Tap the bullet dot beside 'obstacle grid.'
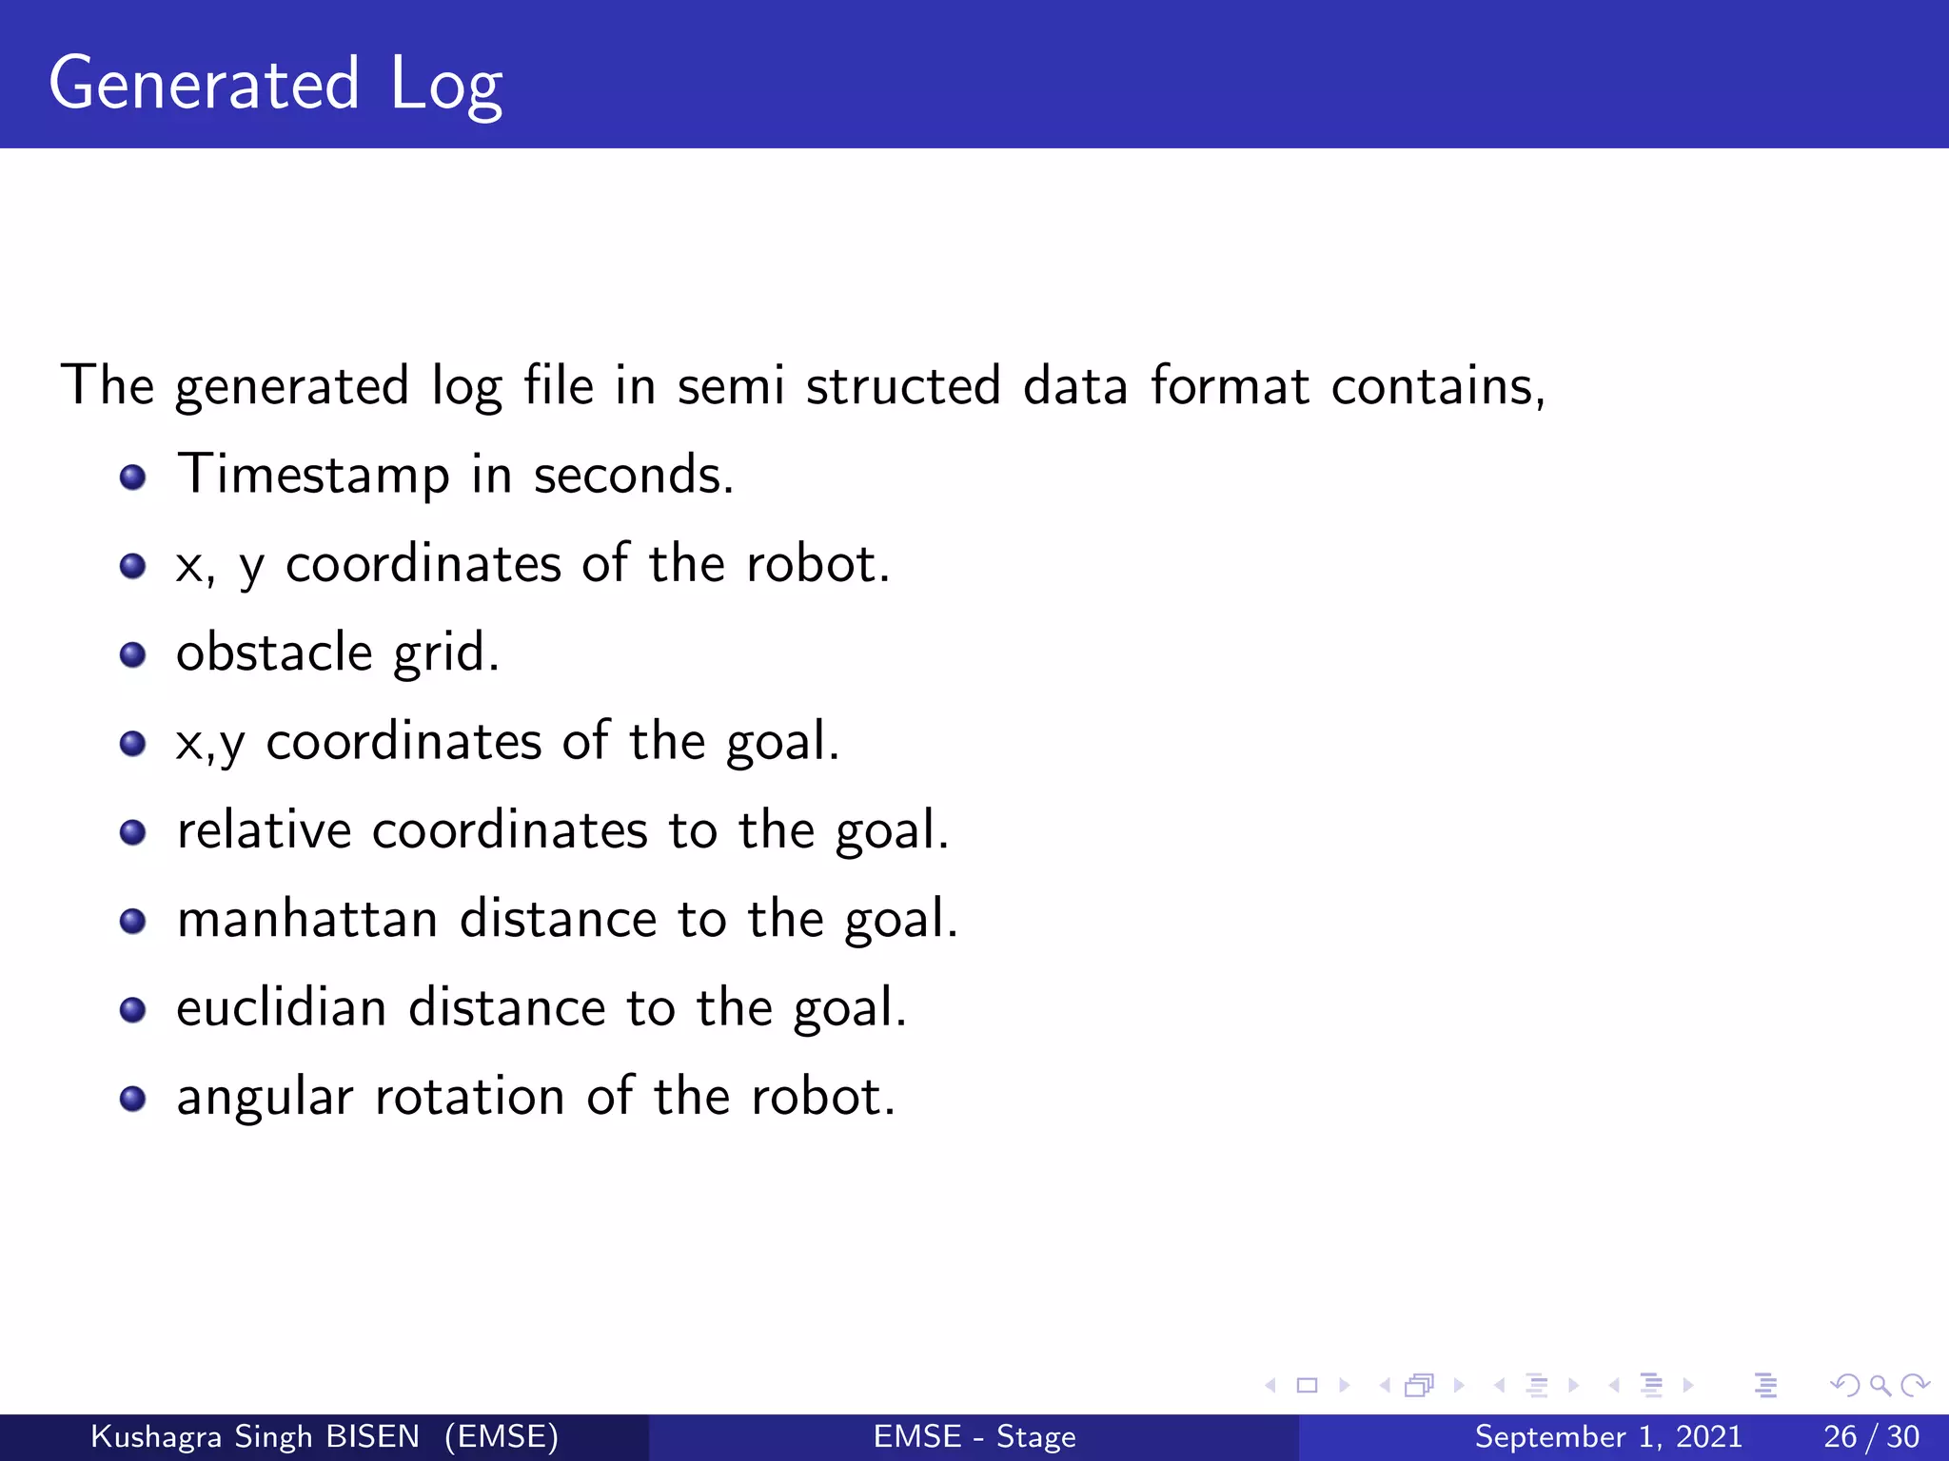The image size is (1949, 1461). pyautogui.click(x=132, y=654)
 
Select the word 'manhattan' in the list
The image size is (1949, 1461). pyautogui.click(x=307, y=920)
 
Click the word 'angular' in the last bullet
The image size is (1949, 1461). pyautogui.click(x=265, y=1099)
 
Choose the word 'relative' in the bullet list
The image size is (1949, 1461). pyautogui.click(x=265, y=830)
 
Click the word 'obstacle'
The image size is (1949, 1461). pyautogui.click(x=274, y=653)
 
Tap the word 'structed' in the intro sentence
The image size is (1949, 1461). pyautogui.click(x=903, y=386)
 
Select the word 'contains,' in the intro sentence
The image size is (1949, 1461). pyautogui.click(x=1438, y=386)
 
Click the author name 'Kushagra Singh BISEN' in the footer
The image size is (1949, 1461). pyautogui.click(x=255, y=1436)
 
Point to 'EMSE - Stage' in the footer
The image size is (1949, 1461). pyautogui.click(x=974, y=1436)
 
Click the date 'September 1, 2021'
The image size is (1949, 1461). pyautogui.click(x=1608, y=1436)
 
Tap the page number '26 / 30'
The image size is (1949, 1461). pyautogui.click(x=1871, y=1436)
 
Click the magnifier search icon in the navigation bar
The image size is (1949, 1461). pyautogui.click(x=1880, y=1385)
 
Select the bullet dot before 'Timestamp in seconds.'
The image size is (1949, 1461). pyautogui.click(x=132, y=477)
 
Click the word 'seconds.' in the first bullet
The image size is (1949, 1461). pyautogui.click(x=634, y=475)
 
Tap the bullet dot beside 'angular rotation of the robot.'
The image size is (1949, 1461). pyautogui.click(x=132, y=1099)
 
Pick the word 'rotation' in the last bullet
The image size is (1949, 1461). pyautogui.click(x=470, y=1097)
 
